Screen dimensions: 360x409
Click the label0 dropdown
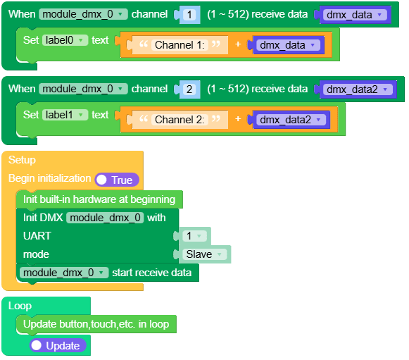[65, 41]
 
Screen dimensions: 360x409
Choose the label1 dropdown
[65, 116]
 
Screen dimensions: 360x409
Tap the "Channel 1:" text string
[180, 45]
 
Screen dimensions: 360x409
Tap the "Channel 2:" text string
[180, 120]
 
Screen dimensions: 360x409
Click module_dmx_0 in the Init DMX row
[106, 218]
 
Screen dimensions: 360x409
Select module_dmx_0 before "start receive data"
[64, 273]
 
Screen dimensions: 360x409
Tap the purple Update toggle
[58, 346]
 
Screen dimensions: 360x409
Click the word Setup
[22, 160]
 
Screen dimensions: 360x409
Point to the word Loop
[20, 306]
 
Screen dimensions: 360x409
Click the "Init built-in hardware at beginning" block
[99, 199]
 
